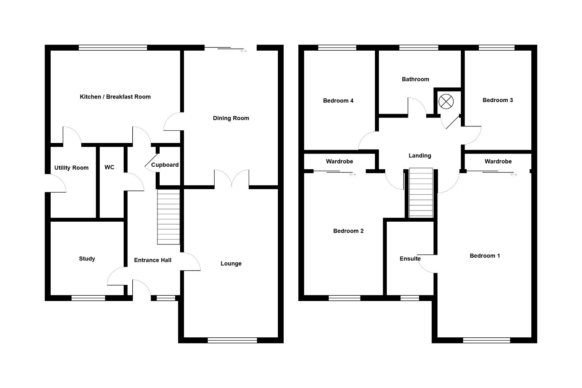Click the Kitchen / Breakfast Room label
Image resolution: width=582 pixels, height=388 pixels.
[115, 97]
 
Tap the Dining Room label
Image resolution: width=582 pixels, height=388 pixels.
[231, 118]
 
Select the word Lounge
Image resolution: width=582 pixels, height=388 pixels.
[231, 264]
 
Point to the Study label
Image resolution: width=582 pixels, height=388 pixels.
[87, 259]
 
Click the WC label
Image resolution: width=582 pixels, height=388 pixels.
[109, 167]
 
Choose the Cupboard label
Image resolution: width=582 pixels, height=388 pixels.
[165, 165]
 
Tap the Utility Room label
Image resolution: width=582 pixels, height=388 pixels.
[71, 168]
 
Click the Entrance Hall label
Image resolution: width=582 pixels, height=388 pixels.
[153, 260]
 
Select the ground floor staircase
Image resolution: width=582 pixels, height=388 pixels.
[169, 217]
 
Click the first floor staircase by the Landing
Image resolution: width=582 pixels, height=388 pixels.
[421, 193]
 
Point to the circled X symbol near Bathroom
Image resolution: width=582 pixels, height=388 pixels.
[446, 102]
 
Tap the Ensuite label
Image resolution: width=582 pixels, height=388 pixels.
[410, 259]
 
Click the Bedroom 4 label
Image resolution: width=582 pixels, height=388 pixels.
[338, 101]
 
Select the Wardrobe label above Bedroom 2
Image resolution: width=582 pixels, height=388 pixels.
[339, 162]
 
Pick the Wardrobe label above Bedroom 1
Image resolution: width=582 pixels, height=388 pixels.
[498, 162]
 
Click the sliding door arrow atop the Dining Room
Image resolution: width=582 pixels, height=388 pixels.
[244, 51]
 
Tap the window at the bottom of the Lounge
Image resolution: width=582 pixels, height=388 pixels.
[232, 340]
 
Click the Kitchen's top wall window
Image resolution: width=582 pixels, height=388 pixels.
[113, 47]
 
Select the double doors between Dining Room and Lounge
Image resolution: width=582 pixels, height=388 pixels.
[232, 179]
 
